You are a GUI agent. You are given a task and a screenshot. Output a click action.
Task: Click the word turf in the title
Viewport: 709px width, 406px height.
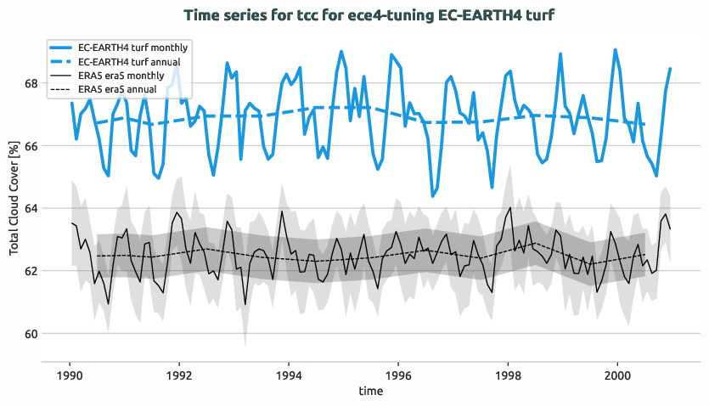(543, 15)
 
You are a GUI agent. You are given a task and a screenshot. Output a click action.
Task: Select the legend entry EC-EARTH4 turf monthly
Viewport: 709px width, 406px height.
(132, 48)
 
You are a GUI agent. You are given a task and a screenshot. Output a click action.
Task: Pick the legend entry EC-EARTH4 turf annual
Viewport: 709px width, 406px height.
(131, 61)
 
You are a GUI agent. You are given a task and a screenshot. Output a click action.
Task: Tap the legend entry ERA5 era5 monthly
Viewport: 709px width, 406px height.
(123, 76)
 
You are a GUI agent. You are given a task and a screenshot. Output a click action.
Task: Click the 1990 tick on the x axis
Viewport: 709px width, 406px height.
(70, 375)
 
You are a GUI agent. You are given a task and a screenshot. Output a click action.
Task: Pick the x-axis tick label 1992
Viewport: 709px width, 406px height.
(179, 375)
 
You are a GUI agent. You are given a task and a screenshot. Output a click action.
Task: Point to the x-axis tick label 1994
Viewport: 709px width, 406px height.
(289, 375)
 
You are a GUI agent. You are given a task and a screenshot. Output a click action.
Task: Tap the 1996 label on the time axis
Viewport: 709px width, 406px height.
(398, 375)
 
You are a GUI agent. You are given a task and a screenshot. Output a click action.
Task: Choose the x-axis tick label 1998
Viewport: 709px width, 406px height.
(508, 375)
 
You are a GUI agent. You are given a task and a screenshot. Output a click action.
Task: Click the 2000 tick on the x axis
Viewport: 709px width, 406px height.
(617, 375)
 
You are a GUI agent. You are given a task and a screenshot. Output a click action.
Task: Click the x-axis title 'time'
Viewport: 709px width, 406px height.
(370, 392)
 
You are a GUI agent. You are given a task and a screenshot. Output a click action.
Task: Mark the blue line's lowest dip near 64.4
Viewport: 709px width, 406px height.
(432, 196)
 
